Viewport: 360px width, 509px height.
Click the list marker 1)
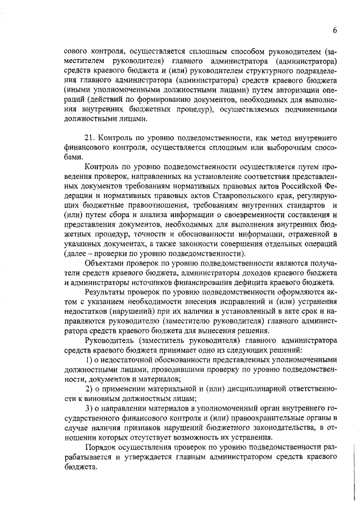point(89,361)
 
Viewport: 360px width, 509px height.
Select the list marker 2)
point(89,390)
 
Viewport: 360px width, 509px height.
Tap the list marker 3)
point(89,409)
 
